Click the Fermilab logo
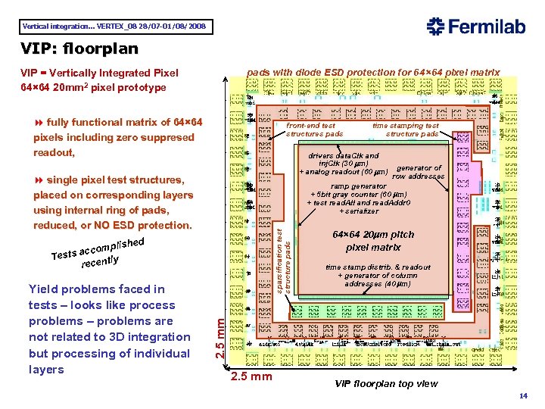[476, 27]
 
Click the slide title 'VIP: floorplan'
[79, 49]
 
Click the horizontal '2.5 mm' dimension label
[251, 377]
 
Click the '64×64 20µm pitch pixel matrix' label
[373, 241]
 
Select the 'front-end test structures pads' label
[313, 130]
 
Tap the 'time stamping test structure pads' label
[406, 130]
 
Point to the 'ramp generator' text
[359, 186]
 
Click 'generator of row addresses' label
[419, 172]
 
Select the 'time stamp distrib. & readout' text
[378, 267]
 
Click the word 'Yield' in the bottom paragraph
[43, 289]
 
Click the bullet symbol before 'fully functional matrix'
[39, 123]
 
